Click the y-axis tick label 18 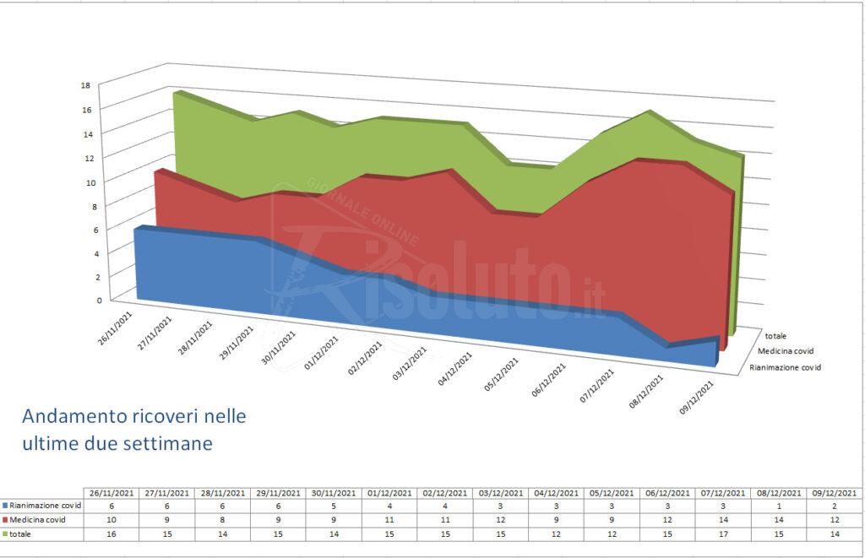point(85,84)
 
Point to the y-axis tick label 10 point(85,181)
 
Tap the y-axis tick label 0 point(88,299)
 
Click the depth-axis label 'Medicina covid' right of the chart point(784,350)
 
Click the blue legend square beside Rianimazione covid point(4,504)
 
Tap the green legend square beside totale point(4,533)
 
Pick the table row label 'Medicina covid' point(37,518)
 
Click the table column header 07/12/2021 point(723,492)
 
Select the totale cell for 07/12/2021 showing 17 point(723,533)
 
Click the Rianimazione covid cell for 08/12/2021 point(778,504)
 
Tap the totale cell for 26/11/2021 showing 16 point(113,533)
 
